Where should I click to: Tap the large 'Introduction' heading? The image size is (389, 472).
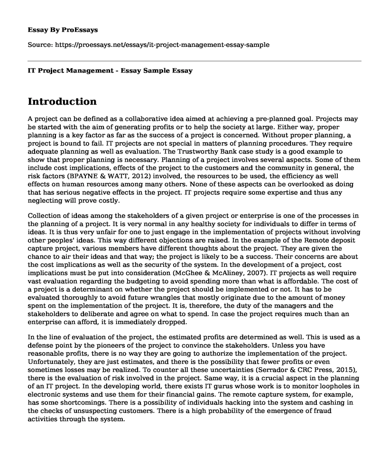pos(63,101)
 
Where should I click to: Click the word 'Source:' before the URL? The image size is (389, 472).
pos(40,45)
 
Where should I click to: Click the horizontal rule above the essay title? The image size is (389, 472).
pos(194,60)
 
